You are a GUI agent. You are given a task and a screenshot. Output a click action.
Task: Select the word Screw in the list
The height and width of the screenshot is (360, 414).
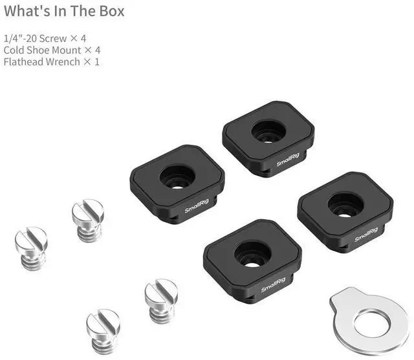[53, 39]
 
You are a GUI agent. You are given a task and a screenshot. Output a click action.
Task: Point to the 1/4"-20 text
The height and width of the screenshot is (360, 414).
[20, 39]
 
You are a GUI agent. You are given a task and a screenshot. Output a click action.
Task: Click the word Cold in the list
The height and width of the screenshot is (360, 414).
[14, 50]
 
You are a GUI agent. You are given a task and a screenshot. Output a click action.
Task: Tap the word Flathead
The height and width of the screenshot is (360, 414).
[23, 61]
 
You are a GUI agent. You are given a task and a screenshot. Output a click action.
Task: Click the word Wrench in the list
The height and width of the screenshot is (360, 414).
[63, 61]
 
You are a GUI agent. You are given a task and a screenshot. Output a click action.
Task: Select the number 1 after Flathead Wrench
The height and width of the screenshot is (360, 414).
[97, 62]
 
